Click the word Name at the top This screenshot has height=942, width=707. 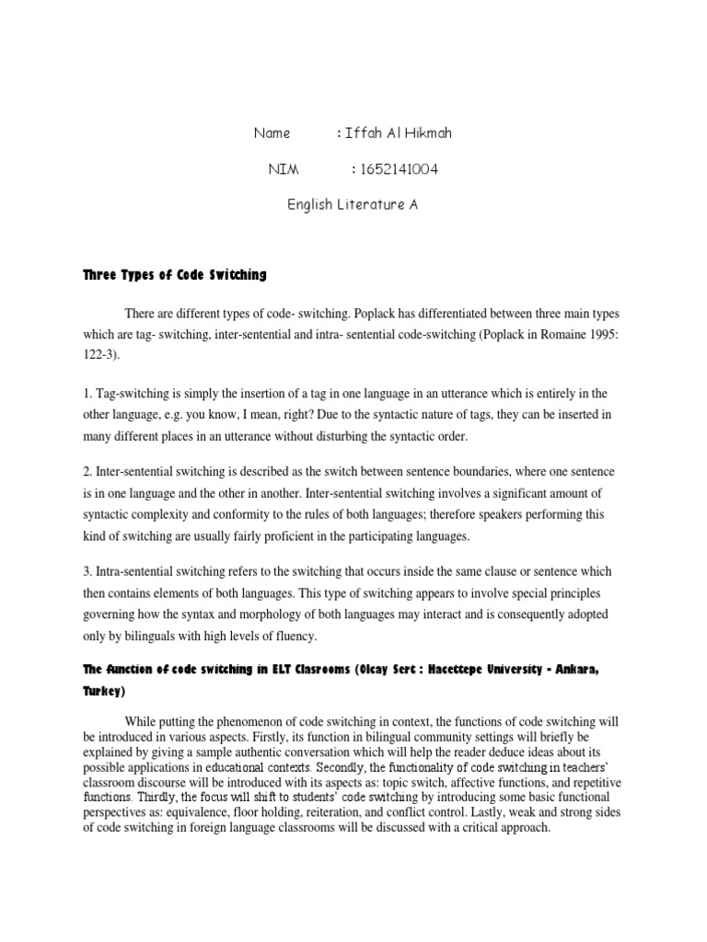pyautogui.click(x=272, y=133)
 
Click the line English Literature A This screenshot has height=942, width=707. pyautogui.click(x=353, y=205)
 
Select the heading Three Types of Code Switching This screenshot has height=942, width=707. pyautogui.click(x=174, y=274)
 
